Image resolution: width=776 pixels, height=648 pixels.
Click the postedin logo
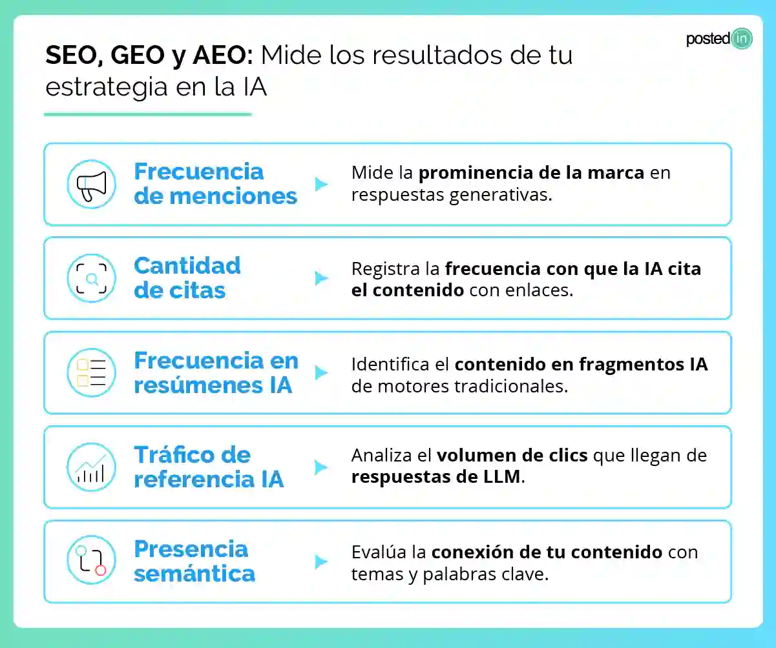(x=718, y=39)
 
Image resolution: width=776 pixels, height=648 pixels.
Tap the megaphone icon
(x=92, y=184)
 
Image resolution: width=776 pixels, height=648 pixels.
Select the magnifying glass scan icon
(x=92, y=278)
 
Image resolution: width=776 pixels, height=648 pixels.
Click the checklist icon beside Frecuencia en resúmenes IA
(x=92, y=372)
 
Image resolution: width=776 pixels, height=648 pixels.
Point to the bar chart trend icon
(x=92, y=467)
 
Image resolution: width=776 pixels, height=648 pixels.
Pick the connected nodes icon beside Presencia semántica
(x=92, y=561)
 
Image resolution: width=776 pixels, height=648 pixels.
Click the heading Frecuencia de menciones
(x=215, y=184)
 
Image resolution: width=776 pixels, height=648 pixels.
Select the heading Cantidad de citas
(x=187, y=278)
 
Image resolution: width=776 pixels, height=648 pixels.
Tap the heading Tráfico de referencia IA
(x=208, y=467)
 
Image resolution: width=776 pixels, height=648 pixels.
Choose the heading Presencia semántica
(x=194, y=561)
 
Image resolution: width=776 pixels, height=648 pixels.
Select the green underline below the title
(x=147, y=114)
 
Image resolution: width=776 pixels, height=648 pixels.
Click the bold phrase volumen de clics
(x=512, y=456)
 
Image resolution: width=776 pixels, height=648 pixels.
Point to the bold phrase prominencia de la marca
(x=531, y=173)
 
